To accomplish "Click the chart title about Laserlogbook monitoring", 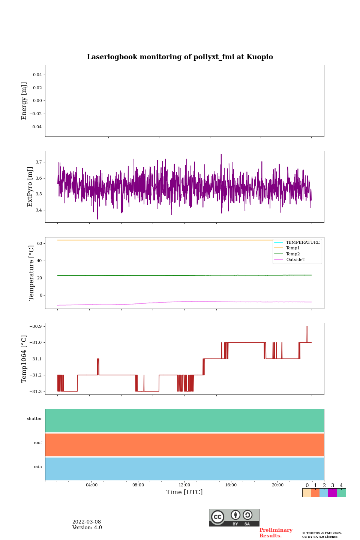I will pos(180,57).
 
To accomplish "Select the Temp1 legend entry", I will pos(292,248).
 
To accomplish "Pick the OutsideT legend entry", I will pos(295,260).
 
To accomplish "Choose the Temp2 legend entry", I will pos(292,254).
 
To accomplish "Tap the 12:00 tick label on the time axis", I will pos(184,485).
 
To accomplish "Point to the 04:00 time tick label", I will pos(91,485).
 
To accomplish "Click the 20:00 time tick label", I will pos(277,485).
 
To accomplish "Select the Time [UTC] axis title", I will pos(184,492).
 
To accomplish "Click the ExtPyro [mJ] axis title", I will pos(30,187).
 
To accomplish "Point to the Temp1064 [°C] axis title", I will pos(24,359).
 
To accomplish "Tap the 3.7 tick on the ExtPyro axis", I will pos(39,162).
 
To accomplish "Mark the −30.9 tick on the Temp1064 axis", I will pos(37,326).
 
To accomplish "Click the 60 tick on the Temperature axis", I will pos(39,244).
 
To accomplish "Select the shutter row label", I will pos(34,419).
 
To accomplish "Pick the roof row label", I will pos(38,443).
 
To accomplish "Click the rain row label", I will pos(38,467).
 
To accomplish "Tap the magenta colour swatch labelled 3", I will pos(332,493).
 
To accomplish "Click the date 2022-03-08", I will pos(87,522).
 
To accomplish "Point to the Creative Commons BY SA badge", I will pos(234,517).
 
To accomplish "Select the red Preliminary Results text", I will pos(276,533).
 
